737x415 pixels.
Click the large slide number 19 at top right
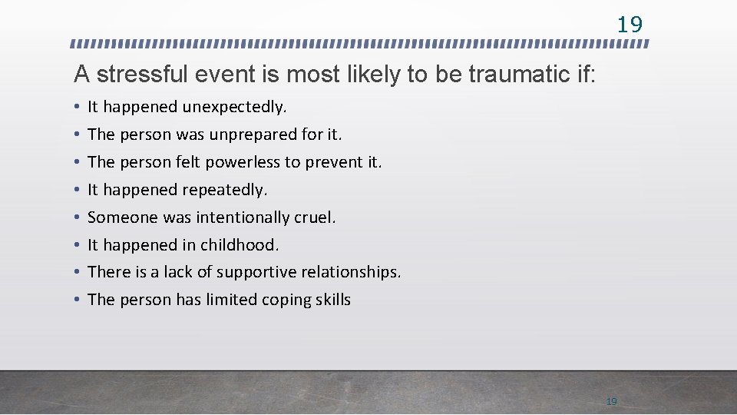click(630, 25)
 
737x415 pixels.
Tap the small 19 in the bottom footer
click(612, 401)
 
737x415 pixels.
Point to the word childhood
click(240, 245)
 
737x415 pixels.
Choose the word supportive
click(257, 273)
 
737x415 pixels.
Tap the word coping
click(283, 300)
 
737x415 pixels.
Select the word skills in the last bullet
click(332, 300)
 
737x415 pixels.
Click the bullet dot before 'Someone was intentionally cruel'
click(78, 217)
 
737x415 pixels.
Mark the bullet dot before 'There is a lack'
click(78, 273)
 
